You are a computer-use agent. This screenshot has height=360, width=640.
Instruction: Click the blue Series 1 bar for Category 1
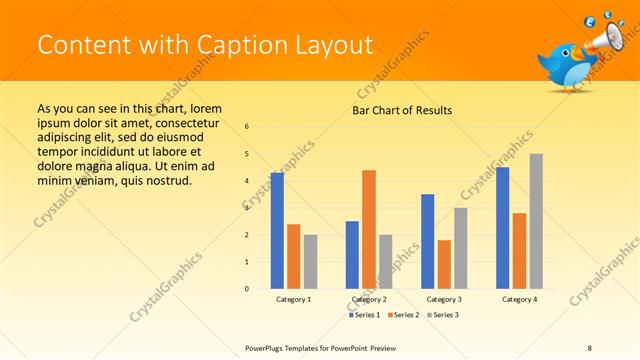click(277, 231)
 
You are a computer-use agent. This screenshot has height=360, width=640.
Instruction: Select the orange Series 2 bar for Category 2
click(369, 229)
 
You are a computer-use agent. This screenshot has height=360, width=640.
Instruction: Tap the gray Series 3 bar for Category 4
click(536, 221)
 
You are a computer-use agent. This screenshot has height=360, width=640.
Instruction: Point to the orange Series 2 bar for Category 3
click(444, 264)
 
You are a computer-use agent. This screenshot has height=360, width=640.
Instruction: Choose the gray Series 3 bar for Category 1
click(310, 261)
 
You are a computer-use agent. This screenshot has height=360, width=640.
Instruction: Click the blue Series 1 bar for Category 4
click(503, 228)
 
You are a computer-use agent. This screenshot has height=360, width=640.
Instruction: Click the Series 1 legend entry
click(365, 315)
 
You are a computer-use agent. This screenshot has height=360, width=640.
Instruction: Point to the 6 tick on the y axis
click(247, 126)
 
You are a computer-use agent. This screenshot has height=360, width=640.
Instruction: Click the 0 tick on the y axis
click(247, 289)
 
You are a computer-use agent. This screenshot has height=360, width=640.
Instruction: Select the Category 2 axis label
click(369, 299)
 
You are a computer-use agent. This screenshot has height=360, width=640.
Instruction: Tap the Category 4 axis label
click(519, 299)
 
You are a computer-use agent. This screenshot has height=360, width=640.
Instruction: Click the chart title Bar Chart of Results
click(402, 110)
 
